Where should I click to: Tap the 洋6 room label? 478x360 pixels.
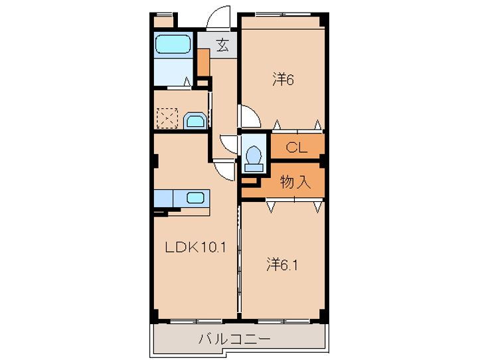click(282, 80)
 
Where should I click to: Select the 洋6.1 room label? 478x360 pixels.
click(281, 264)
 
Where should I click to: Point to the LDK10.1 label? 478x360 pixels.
click(196, 248)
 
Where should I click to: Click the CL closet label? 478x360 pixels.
click(296, 147)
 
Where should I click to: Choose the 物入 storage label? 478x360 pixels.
click(295, 182)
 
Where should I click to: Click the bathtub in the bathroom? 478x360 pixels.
click(174, 45)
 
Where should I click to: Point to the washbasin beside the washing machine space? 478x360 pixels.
click(195, 120)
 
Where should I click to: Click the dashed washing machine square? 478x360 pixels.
click(166, 120)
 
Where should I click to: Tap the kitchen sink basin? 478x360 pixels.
click(196, 197)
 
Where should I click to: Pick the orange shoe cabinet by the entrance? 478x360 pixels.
click(203, 61)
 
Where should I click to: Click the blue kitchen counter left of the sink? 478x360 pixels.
click(163, 198)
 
